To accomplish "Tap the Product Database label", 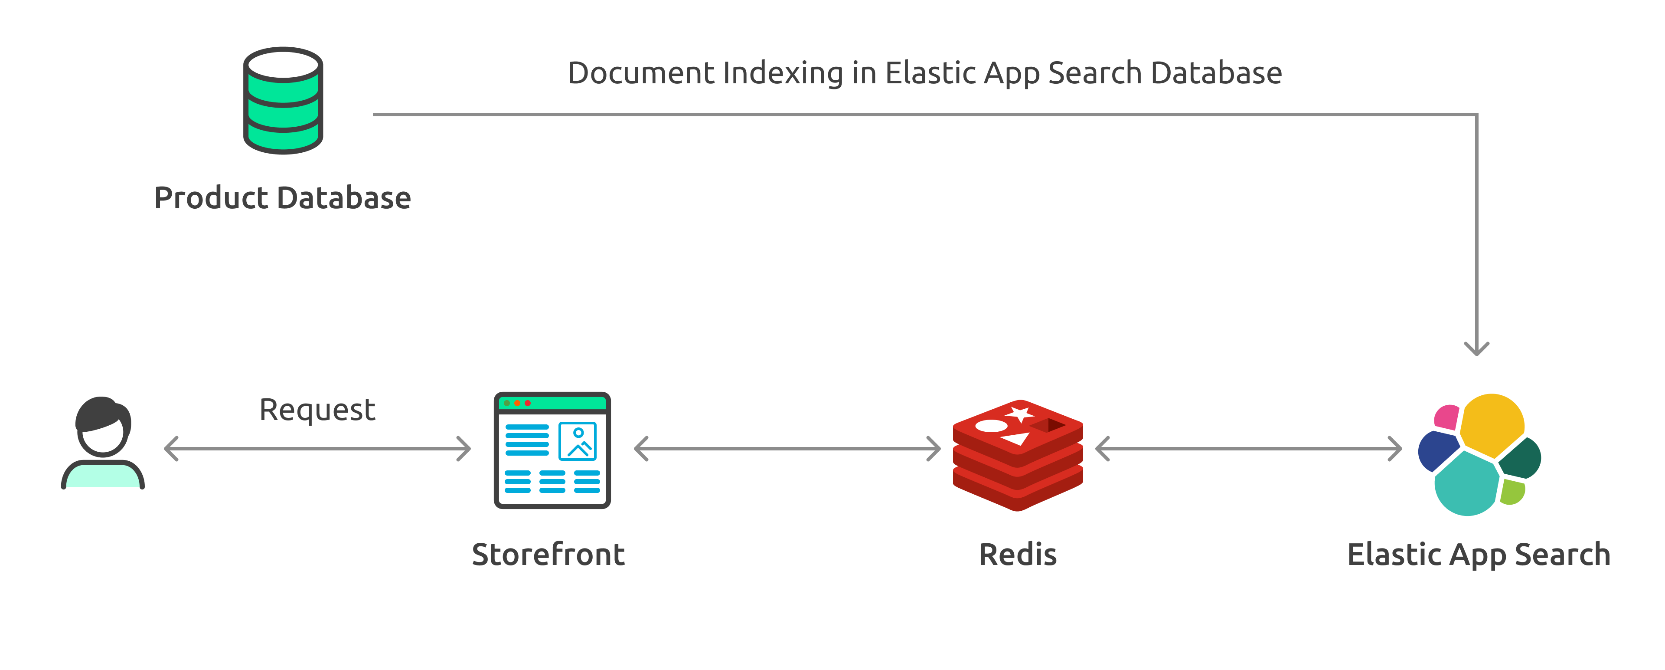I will coord(282,198).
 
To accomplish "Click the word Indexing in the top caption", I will coord(783,73).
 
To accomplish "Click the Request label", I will coord(317,410).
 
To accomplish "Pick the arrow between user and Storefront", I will coord(317,448).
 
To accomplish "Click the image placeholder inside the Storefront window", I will coord(577,441).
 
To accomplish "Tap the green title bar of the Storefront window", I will coord(562,403).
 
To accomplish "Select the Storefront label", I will coord(548,555).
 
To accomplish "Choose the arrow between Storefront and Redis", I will coord(787,448).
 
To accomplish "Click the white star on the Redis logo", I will coord(1020,414).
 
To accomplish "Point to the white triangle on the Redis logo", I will coord(1015,439).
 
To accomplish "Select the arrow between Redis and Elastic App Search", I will coord(1248,448).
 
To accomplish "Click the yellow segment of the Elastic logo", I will coord(1491,424).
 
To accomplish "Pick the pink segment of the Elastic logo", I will coord(1446,417).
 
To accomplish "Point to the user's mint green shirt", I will coord(102,476).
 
